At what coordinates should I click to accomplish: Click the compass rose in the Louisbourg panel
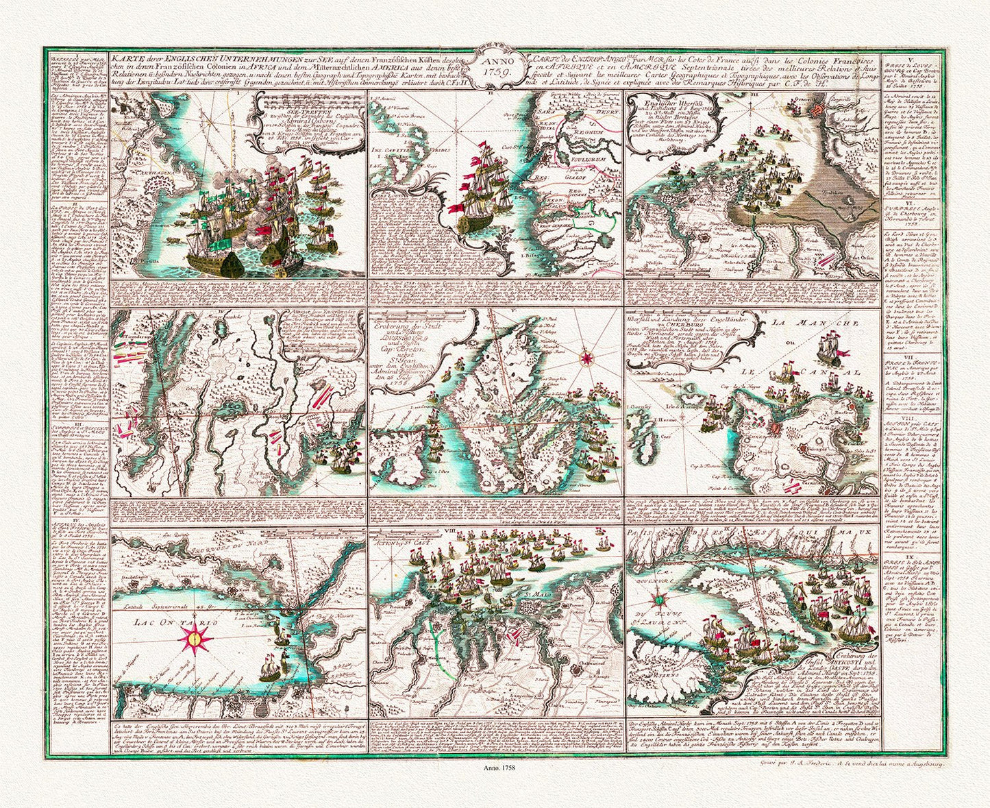point(587,356)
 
